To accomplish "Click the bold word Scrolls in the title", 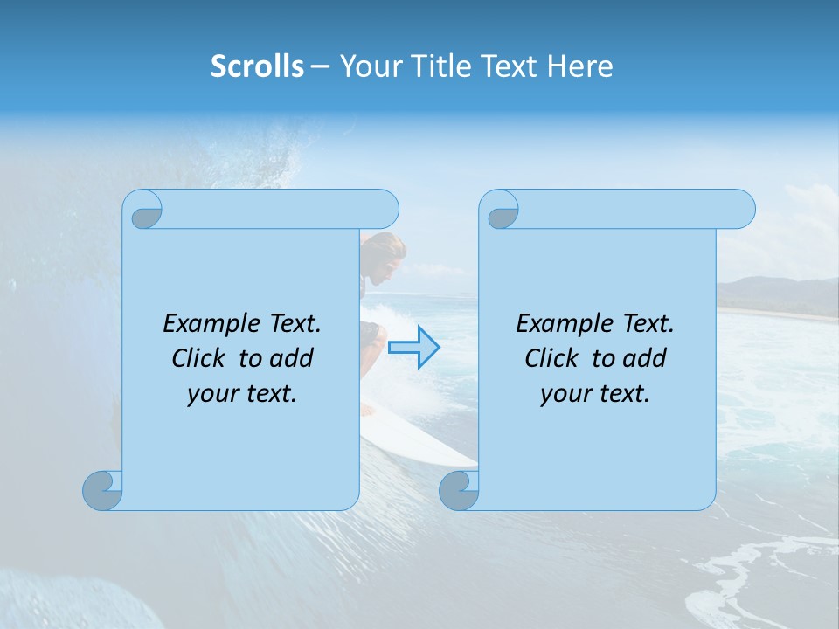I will [x=257, y=66].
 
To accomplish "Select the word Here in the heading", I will [x=580, y=66].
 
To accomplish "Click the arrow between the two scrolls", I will [x=414, y=348].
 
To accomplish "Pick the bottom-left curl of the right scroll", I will [x=460, y=489].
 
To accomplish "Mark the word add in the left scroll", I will [x=292, y=358].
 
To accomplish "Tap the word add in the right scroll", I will [x=645, y=358].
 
